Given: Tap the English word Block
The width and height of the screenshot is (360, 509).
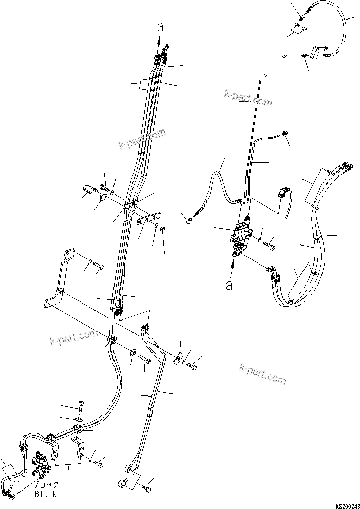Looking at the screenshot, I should pos(45,494).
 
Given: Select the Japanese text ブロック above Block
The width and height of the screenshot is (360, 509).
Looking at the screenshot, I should pos(46,485).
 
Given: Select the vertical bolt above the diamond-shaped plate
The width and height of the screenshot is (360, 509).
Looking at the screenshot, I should pos(82,406).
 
